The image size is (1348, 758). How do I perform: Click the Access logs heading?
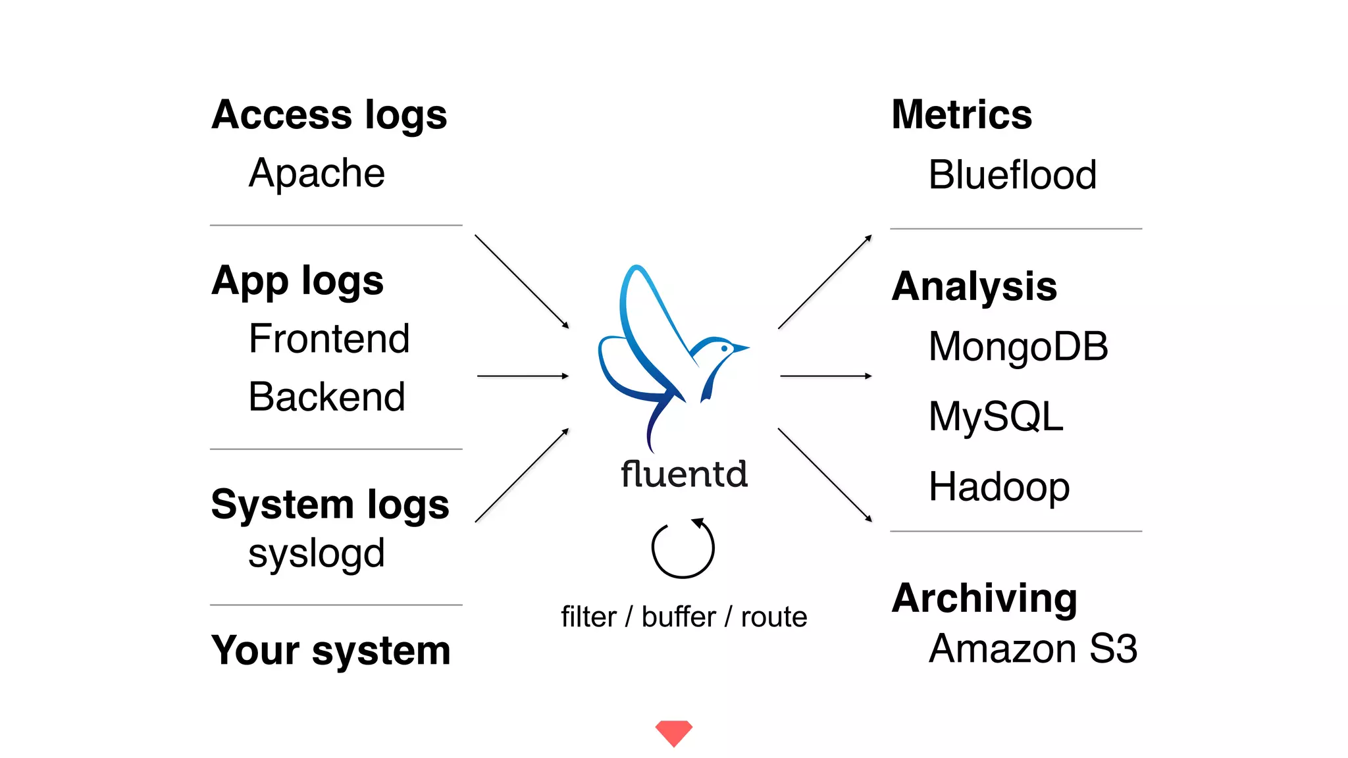[329, 116]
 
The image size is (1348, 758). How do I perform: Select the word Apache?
[317, 174]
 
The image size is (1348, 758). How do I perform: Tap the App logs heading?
[298, 282]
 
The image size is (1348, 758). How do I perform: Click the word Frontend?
[329, 339]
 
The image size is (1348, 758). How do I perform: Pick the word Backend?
[326, 397]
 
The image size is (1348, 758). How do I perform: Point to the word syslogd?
[316, 554]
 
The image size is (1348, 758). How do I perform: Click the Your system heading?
[330, 651]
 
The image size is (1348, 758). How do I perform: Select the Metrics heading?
[962, 115]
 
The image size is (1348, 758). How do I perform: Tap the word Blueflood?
[1012, 176]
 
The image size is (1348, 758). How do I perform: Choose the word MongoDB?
[1018, 347]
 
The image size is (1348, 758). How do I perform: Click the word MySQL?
[996, 417]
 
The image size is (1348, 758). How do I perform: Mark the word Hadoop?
[999, 487]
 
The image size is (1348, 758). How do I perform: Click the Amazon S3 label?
[1033, 649]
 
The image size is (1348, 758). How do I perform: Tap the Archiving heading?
[985, 598]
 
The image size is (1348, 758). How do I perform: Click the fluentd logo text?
[684, 474]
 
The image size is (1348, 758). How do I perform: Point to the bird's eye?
[724, 348]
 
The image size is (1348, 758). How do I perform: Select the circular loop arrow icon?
[683, 548]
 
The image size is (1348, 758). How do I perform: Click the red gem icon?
[674, 732]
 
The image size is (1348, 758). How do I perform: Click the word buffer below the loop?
[679, 617]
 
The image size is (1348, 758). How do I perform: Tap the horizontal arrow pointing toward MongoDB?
[825, 376]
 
